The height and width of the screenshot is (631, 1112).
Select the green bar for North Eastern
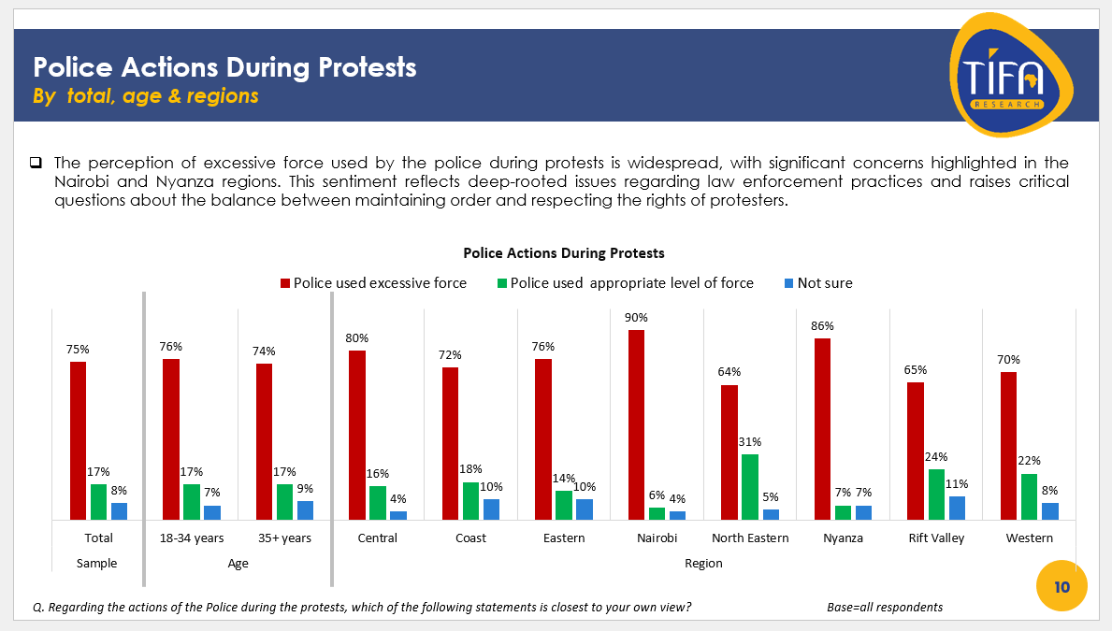[750, 487]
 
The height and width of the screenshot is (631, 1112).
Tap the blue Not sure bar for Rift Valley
[957, 508]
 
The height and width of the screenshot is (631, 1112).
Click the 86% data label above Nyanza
[822, 326]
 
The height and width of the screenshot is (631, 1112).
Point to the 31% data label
[750, 442]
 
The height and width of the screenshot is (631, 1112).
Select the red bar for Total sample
[78, 440]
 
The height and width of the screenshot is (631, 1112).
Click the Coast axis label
[470, 538]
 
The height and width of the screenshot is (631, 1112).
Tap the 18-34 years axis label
[192, 538]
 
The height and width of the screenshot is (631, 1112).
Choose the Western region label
[1029, 538]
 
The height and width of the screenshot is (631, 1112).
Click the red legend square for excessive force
[285, 283]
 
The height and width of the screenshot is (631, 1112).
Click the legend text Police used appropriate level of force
[631, 283]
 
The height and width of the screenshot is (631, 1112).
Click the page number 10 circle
[1061, 587]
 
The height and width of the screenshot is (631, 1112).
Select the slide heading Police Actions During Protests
[224, 67]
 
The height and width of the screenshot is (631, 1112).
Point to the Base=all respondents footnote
[885, 608]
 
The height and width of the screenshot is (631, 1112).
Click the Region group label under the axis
[703, 564]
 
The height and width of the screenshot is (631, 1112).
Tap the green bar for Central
[377, 502]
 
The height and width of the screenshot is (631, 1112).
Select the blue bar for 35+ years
[305, 509]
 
